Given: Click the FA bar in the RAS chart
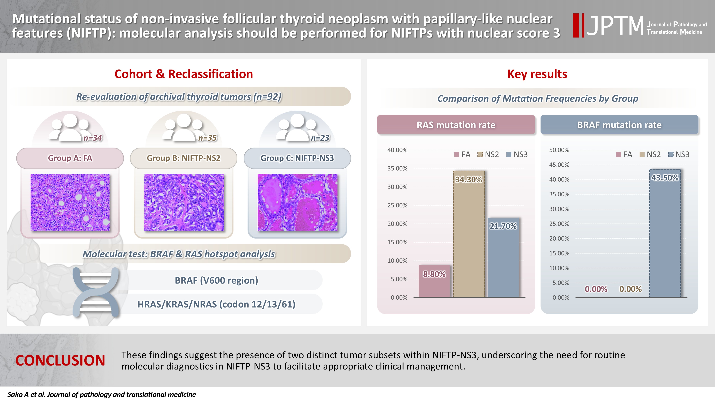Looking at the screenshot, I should click(434, 281).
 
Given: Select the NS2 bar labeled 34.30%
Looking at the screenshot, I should click(469, 236).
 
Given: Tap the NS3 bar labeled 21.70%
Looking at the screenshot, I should click(503, 258).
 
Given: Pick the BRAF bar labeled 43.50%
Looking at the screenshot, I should click(665, 236).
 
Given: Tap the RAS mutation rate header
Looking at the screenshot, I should click(456, 125).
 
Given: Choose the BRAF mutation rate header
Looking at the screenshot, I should click(619, 125).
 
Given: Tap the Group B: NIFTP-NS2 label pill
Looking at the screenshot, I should click(183, 158).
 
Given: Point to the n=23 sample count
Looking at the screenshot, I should click(320, 138).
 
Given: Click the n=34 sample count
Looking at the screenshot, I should click(93, 138).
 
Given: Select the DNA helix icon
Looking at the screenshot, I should click(96, 292).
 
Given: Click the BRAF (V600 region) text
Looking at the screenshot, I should click(216, 280).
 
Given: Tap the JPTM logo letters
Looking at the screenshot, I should click(615, 26).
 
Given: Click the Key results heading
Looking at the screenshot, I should click(537, 74).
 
